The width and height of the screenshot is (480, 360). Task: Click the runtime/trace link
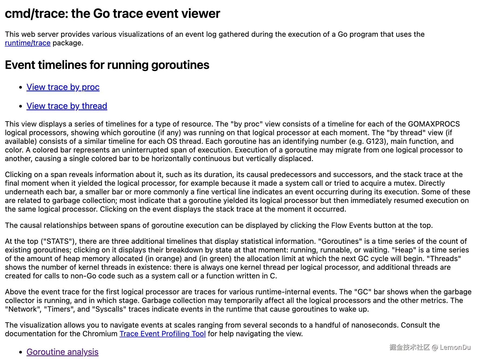pos(28,43)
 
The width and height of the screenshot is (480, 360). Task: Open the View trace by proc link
pos(63,87)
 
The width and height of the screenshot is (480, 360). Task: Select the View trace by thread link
pos(67,106)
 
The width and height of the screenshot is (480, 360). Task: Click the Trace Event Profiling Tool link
pos(162,334)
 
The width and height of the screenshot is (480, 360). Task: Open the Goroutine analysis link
pos(62,352)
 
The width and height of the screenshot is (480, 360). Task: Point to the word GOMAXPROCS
pos(434,124)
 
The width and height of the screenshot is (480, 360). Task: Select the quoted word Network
pos(23,309)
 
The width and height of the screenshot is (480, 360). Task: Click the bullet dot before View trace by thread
pos(21,106)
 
